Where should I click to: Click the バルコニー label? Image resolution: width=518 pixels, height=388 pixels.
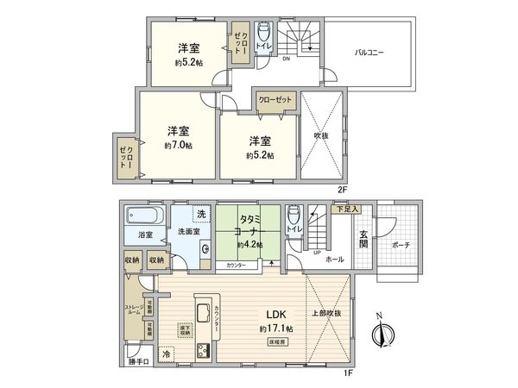tap(369, 53)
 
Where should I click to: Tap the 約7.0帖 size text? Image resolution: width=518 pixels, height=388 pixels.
tap(179, 147)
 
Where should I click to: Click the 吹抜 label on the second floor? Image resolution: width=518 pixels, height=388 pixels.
tap(320, 135)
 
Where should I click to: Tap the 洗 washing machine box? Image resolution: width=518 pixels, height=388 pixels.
tap(200, 213)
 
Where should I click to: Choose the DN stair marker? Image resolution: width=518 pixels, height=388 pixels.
tap(286, 59)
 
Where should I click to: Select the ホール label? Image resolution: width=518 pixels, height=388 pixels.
tap(335, 259)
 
